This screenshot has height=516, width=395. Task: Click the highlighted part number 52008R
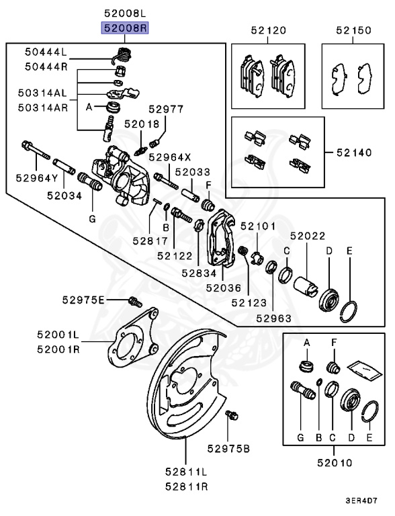124,28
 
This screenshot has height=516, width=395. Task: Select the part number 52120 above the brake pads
269,30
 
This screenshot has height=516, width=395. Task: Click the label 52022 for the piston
308,236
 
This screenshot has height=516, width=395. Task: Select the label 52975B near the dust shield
228,448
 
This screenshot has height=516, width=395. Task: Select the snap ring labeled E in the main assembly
349,310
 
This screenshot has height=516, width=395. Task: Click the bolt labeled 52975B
232,416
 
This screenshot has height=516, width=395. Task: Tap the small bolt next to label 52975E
133,300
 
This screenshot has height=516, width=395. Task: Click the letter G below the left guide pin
92,218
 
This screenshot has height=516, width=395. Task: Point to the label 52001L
58,334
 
